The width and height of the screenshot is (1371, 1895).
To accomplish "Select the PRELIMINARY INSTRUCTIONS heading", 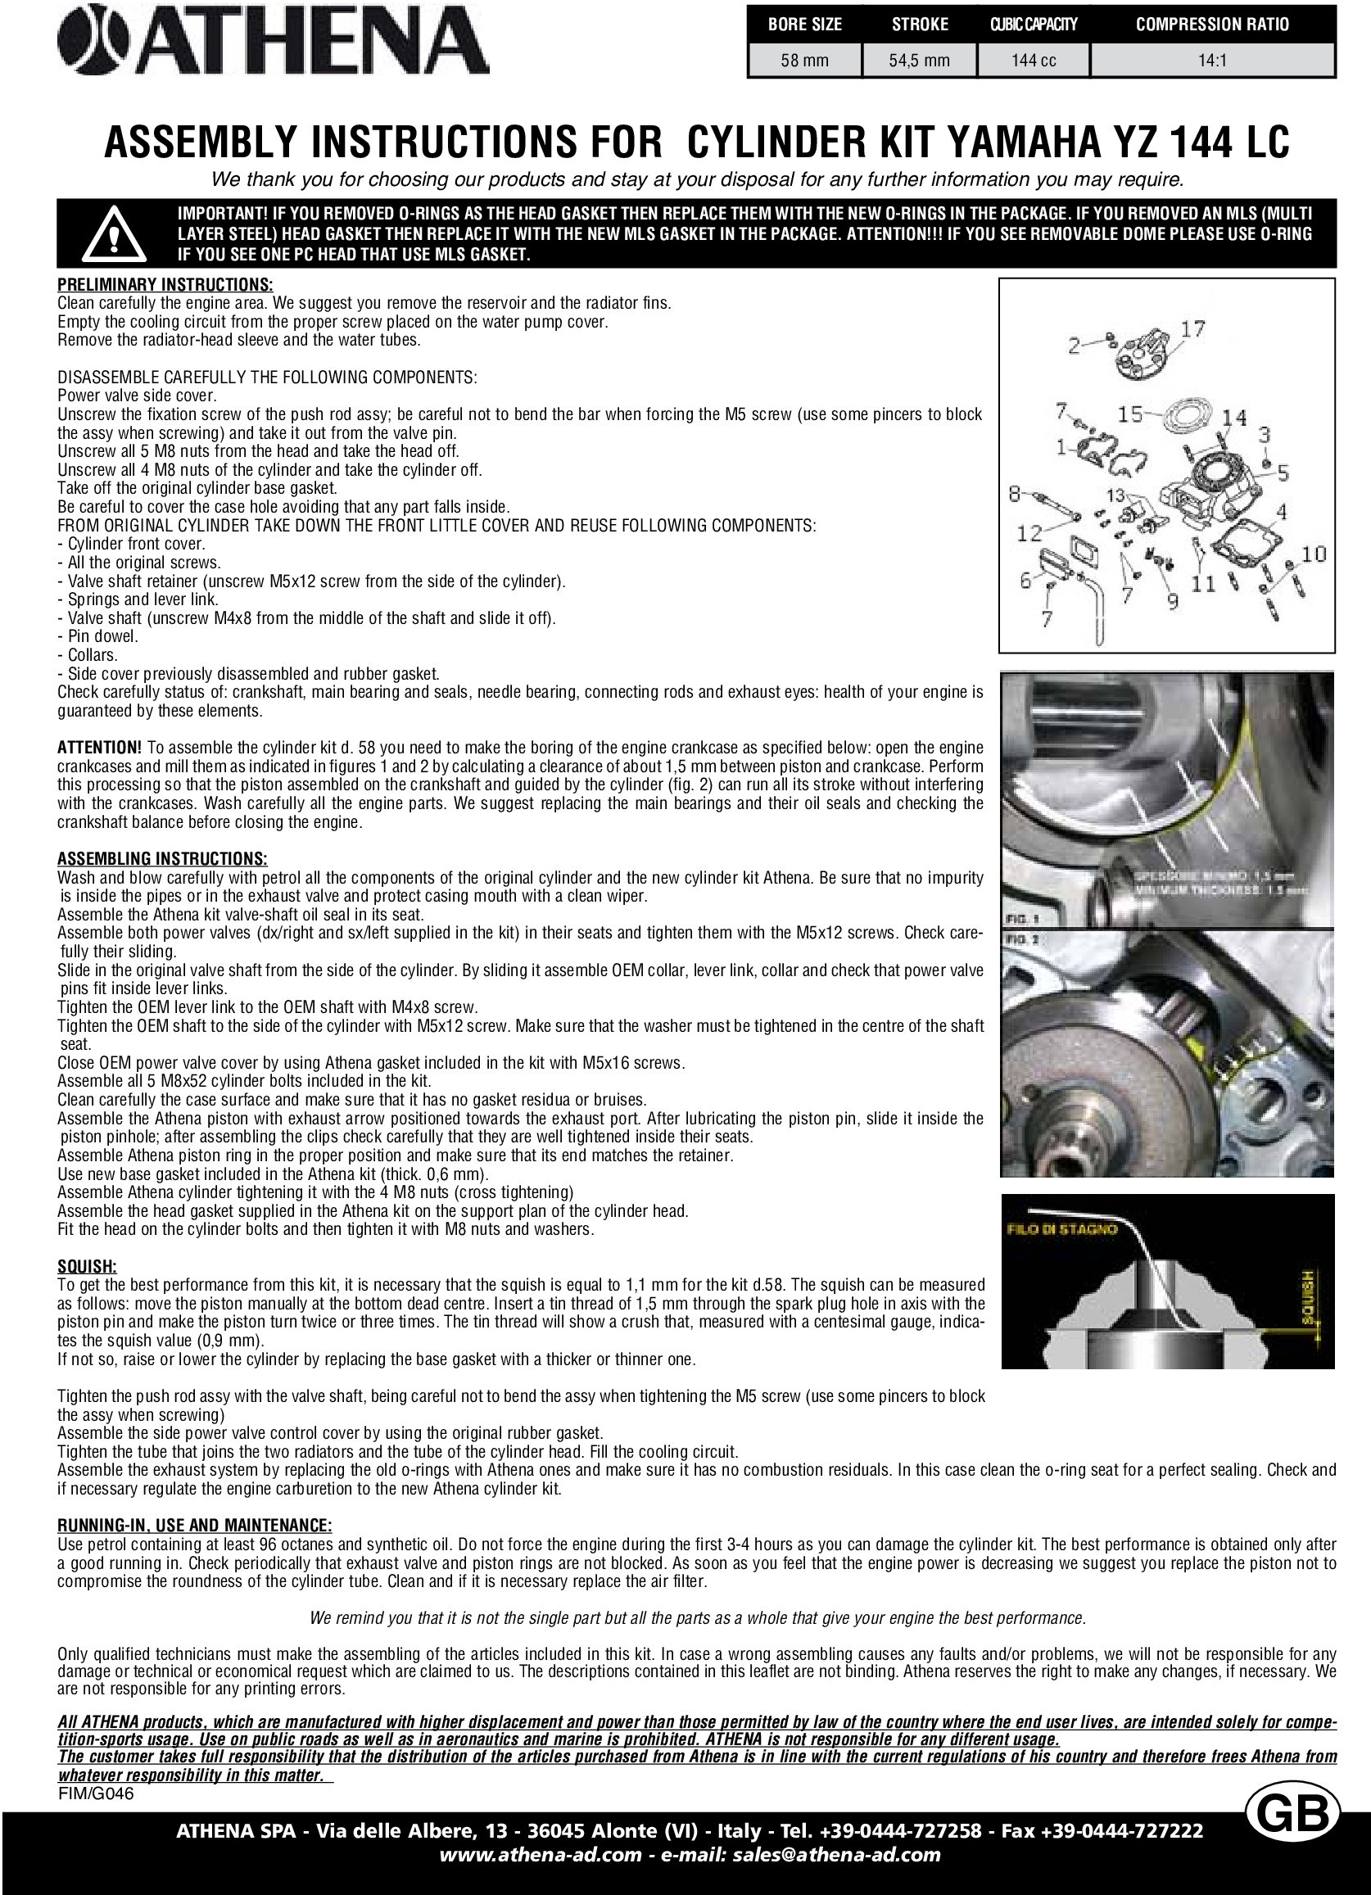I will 165,285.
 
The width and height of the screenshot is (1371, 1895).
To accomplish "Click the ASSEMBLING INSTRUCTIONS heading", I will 162,858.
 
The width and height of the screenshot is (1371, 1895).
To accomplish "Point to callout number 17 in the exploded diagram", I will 1192,329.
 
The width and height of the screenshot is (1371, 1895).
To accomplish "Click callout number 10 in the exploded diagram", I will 1314,553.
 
